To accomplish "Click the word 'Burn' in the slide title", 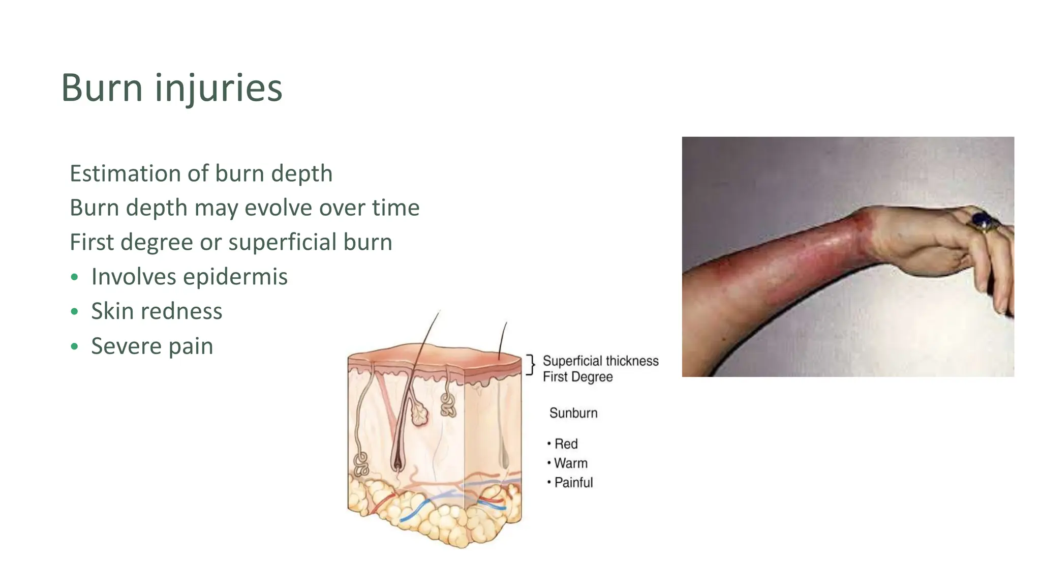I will pos(102,88).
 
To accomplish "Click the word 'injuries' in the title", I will pos(219,88).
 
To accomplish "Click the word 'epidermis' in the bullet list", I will pos(235,277).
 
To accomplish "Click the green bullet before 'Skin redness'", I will pos(75,312).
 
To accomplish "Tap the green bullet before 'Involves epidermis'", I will pos(75,277).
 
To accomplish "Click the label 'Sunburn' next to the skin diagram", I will pos(573,413).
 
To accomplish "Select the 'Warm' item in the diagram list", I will pos(570,463).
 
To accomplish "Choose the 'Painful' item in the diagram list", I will pos(573,483).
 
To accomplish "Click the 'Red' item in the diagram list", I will pos(566,444).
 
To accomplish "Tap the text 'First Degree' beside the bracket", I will pos(577,377).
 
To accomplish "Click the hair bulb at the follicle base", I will pos(397,463).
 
